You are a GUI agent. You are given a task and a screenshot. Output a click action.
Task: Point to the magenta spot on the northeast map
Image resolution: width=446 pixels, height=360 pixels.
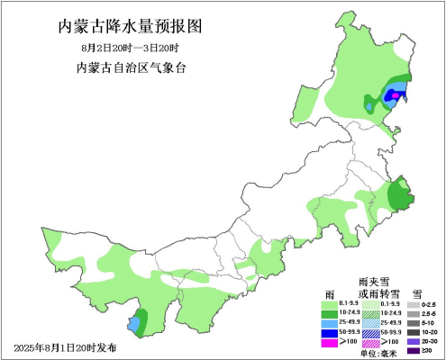pos(396,94)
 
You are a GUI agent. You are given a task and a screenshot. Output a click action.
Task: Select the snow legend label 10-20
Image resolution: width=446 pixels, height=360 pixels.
pos(432,332)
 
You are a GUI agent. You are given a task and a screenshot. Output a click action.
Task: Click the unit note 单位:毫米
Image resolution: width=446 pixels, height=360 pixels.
pos(378,352)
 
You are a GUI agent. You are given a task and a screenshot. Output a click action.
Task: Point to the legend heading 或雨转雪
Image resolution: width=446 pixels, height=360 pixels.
pos(377,293)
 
